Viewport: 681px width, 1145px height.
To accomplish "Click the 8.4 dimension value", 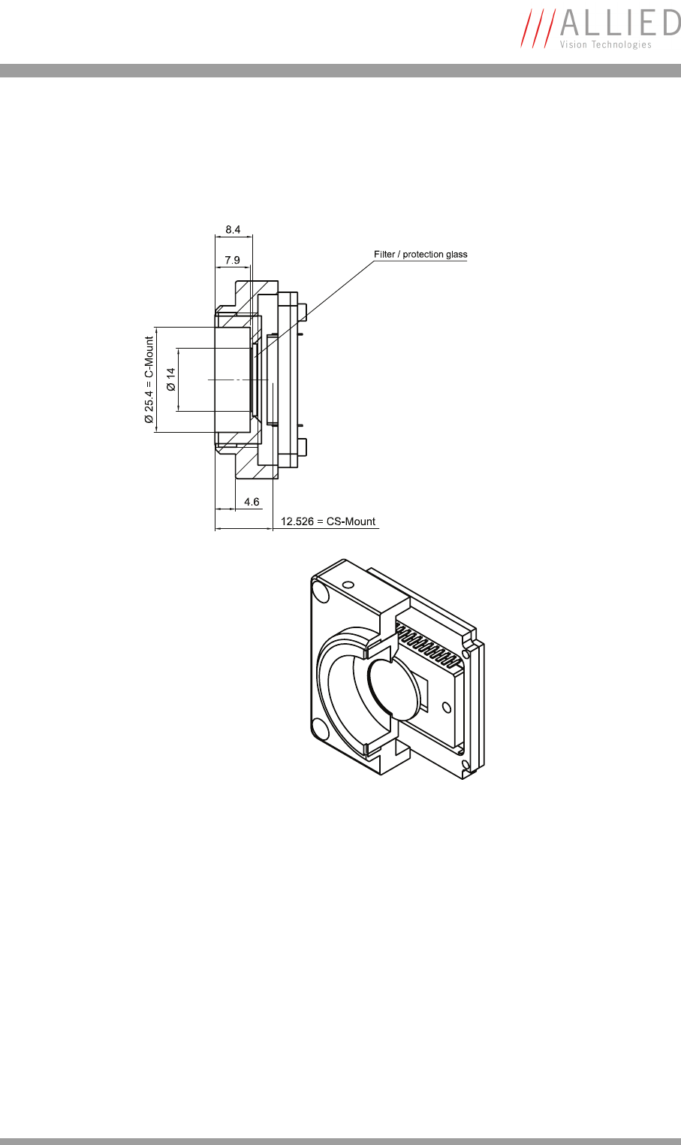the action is pos(233,229).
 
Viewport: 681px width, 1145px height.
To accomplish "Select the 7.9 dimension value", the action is pos(233,260).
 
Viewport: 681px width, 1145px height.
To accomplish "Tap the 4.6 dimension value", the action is pos(252,502).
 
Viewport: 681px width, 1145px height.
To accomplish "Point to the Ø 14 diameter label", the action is pos(171,379).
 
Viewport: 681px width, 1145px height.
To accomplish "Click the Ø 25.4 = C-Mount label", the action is pos(149,379).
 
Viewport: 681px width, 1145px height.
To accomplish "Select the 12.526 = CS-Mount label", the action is pos(328,521).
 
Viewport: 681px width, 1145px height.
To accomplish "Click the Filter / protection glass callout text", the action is pos(420,255).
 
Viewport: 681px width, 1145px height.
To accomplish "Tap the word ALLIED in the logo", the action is pos(620,23).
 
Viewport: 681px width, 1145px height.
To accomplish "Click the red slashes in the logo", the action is pos(538,28).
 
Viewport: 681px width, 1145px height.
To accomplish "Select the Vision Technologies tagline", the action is pos(605,45).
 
